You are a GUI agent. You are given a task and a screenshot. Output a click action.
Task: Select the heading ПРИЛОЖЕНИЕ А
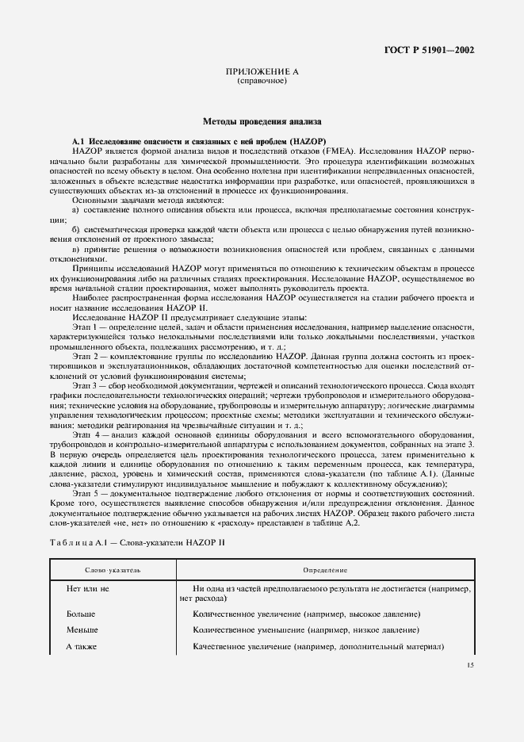tap(262, 72)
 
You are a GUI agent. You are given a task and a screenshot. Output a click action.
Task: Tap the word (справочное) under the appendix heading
tap(262, 81)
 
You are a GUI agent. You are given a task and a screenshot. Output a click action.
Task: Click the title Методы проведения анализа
tap(262, 122)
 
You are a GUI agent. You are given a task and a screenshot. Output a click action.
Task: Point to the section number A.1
tap(79, 140)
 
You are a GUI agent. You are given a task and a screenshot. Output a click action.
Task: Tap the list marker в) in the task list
tap(76, 249)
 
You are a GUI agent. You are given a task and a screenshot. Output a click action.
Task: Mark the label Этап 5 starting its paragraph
tap(85, 493)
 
